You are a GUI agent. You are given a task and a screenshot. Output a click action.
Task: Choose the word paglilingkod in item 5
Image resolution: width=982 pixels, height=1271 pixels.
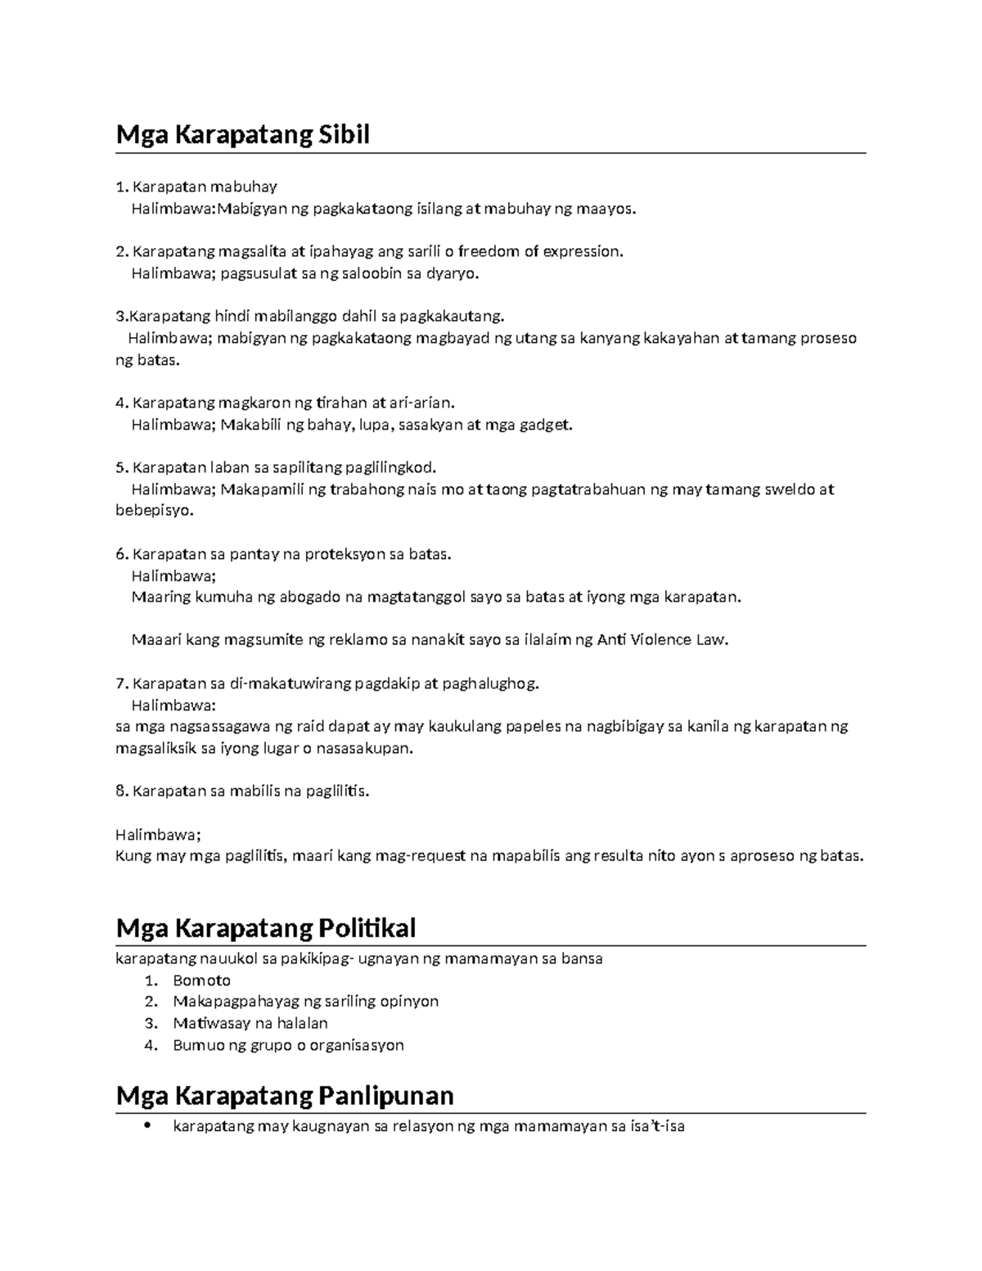(391, 468)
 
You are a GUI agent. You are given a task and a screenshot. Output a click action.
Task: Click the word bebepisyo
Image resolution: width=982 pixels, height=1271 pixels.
(155, 511)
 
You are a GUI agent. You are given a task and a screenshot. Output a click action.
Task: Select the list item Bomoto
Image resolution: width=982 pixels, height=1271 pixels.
(201, 980)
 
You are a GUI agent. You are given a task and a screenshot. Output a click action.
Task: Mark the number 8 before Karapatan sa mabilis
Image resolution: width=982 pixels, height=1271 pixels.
(121, 791)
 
